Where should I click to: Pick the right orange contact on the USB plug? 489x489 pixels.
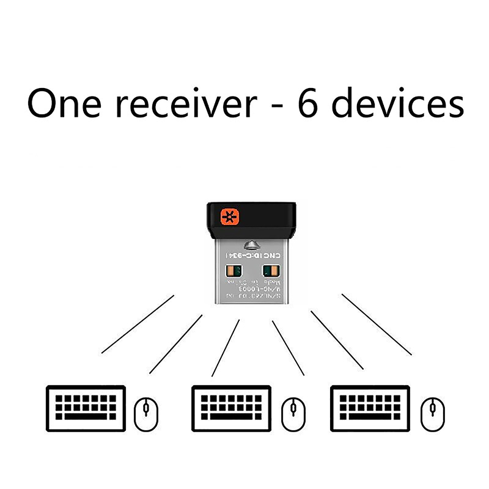point(269,270)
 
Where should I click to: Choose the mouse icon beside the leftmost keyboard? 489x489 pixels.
point(145,413)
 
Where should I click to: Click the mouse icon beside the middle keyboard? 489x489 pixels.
point(293,413)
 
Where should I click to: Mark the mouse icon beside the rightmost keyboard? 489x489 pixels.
point(433,413)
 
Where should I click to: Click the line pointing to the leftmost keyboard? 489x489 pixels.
point(138,325)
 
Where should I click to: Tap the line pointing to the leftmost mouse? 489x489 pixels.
point(175,344)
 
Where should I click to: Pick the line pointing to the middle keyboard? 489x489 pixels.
point(226,347)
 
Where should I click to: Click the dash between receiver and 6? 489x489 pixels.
point(275,106)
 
